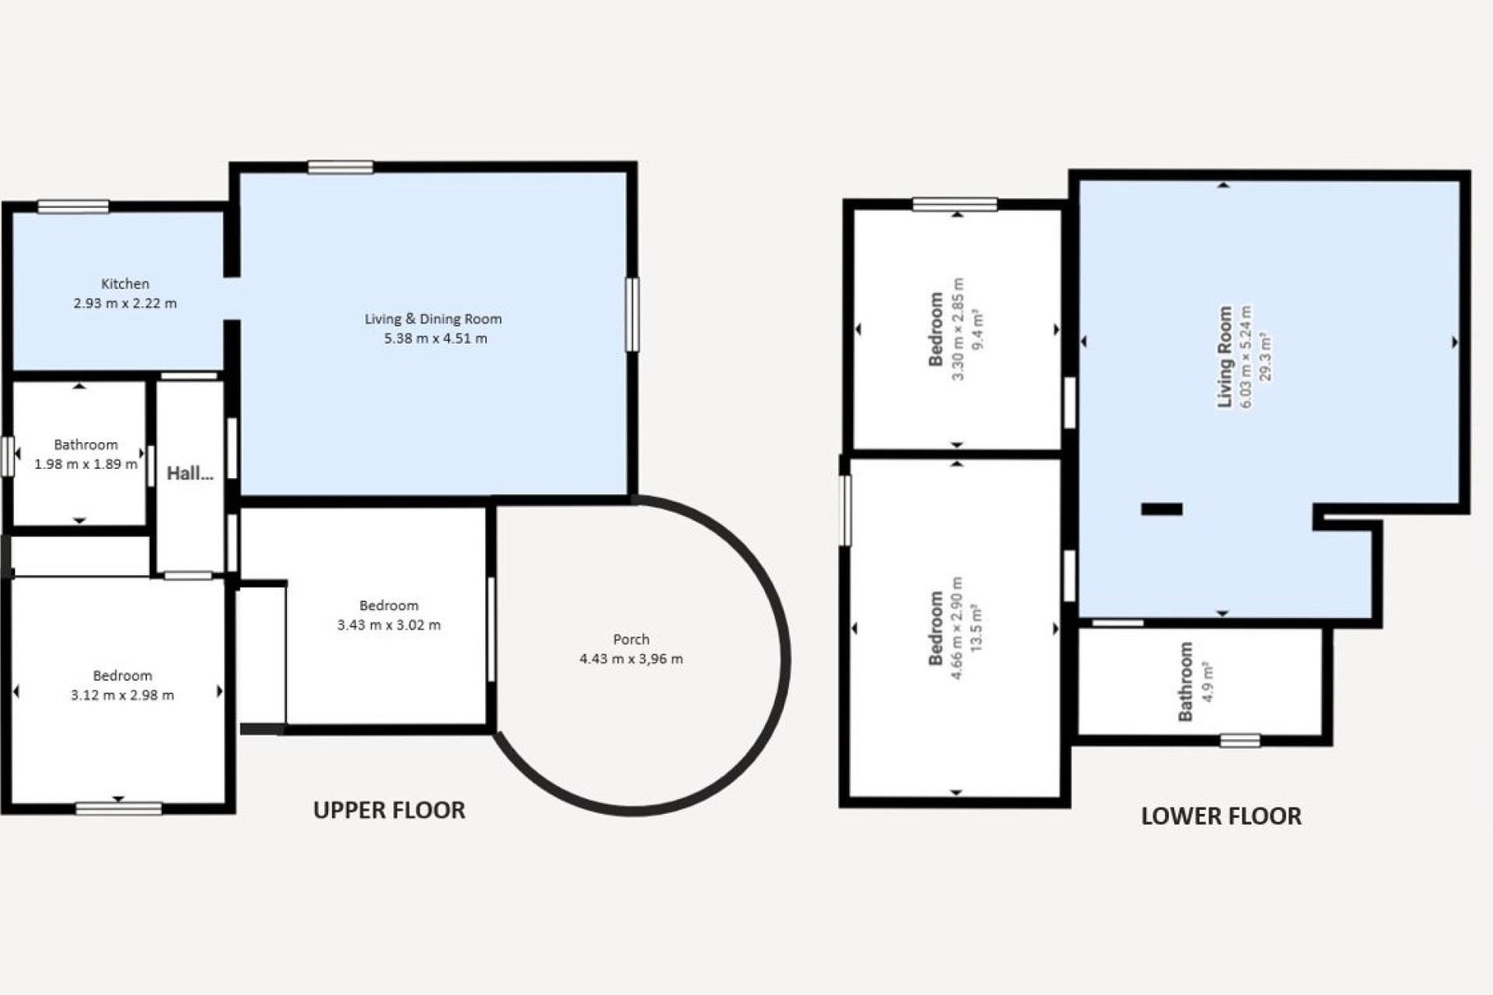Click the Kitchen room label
(125, 284)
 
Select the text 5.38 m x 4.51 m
(435, 338)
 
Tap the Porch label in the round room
(631, 639)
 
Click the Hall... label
(190, 473)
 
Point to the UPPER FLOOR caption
(389, 810)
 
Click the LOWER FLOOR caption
(1221, 816)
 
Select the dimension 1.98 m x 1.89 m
(86, 464)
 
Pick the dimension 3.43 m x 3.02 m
(389, 625)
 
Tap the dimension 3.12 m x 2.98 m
(122, 695)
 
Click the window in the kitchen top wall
(73, 206)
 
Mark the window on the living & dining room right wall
(633, 314)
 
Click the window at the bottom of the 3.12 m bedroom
(118, 808)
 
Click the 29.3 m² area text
(1265, 357)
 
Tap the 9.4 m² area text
(977, 329)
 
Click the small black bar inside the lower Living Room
(1162, 509)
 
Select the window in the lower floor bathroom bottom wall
(1240, 740)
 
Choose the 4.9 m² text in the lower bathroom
(1207, 682)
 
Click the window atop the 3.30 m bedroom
(955, 204)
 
